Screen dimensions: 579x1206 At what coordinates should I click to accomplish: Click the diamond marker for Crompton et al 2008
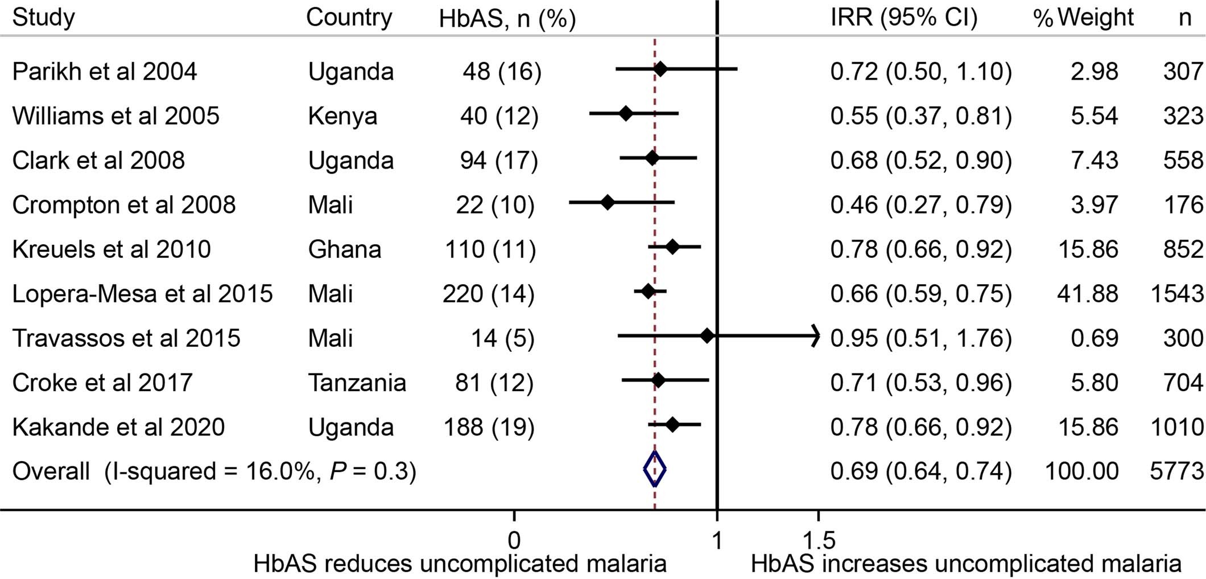(608, 203)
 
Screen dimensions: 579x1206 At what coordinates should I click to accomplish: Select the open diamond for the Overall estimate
(655, 469)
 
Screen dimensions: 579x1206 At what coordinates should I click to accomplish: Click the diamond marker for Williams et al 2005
(626, 114)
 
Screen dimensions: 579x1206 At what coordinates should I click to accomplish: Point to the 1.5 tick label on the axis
(819, 540)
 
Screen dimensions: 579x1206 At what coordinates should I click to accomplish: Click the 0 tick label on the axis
(514, 540)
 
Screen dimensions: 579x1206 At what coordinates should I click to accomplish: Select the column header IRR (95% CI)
(904, 18)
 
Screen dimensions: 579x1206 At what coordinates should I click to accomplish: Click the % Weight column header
(1084, 18)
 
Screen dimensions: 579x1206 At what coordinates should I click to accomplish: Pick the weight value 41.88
(1088, 294)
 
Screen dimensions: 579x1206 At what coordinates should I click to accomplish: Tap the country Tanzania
(357, 383)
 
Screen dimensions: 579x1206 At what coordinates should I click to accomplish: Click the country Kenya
(342, 116)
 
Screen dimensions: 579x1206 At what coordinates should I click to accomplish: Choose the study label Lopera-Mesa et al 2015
(142, 294)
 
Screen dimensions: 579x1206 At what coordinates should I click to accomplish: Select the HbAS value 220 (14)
(489, 294)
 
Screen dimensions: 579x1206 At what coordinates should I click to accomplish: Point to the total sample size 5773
(1176, 471)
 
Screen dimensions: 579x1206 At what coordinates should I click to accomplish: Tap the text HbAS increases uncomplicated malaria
(965, 564)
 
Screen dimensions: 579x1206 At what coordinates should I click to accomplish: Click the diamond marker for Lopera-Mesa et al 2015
(648, 292)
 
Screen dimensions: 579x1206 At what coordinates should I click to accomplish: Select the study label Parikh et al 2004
(105, 72)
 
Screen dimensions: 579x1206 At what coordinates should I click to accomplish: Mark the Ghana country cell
(345, 249)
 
